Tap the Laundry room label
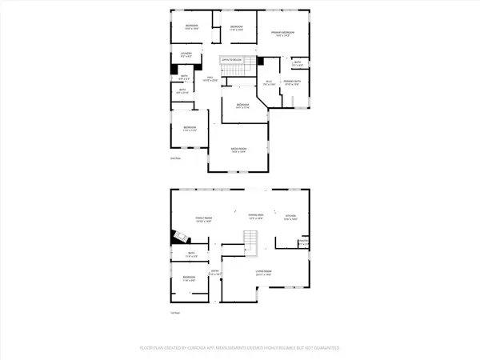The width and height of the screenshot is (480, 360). point(186,54)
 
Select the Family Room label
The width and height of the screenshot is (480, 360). point(202,220)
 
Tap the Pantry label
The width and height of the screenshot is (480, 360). point(303,242)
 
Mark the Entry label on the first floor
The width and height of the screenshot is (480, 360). point(215,273)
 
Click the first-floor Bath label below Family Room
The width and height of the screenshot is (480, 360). point(193,254)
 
